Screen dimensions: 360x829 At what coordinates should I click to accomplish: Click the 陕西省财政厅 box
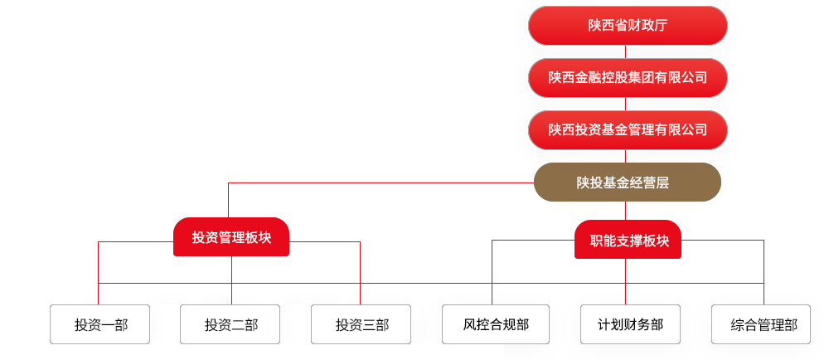628,26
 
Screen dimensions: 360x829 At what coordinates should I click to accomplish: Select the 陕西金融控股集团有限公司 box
628,78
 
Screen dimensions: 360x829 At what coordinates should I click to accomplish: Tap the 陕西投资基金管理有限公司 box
628,130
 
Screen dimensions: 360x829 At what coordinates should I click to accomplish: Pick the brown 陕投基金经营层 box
628,182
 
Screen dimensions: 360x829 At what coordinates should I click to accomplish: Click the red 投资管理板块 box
231,237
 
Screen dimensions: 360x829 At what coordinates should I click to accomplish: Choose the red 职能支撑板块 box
628,240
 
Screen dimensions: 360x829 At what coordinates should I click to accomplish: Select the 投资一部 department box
100,324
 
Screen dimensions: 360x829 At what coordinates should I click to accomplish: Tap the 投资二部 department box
230,324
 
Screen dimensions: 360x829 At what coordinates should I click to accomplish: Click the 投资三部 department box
361,324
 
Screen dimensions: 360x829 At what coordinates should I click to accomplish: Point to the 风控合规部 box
496,324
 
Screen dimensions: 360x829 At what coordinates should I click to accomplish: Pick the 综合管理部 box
764,324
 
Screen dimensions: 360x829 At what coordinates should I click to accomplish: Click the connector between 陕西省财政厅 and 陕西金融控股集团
626,51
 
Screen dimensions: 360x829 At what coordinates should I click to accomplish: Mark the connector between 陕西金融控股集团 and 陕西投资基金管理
626,105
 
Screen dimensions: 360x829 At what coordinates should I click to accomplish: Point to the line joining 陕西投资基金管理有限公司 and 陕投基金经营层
626,156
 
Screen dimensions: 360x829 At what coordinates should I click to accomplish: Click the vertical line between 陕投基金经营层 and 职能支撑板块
626,211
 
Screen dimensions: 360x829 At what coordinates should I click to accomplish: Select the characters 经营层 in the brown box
650,182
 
